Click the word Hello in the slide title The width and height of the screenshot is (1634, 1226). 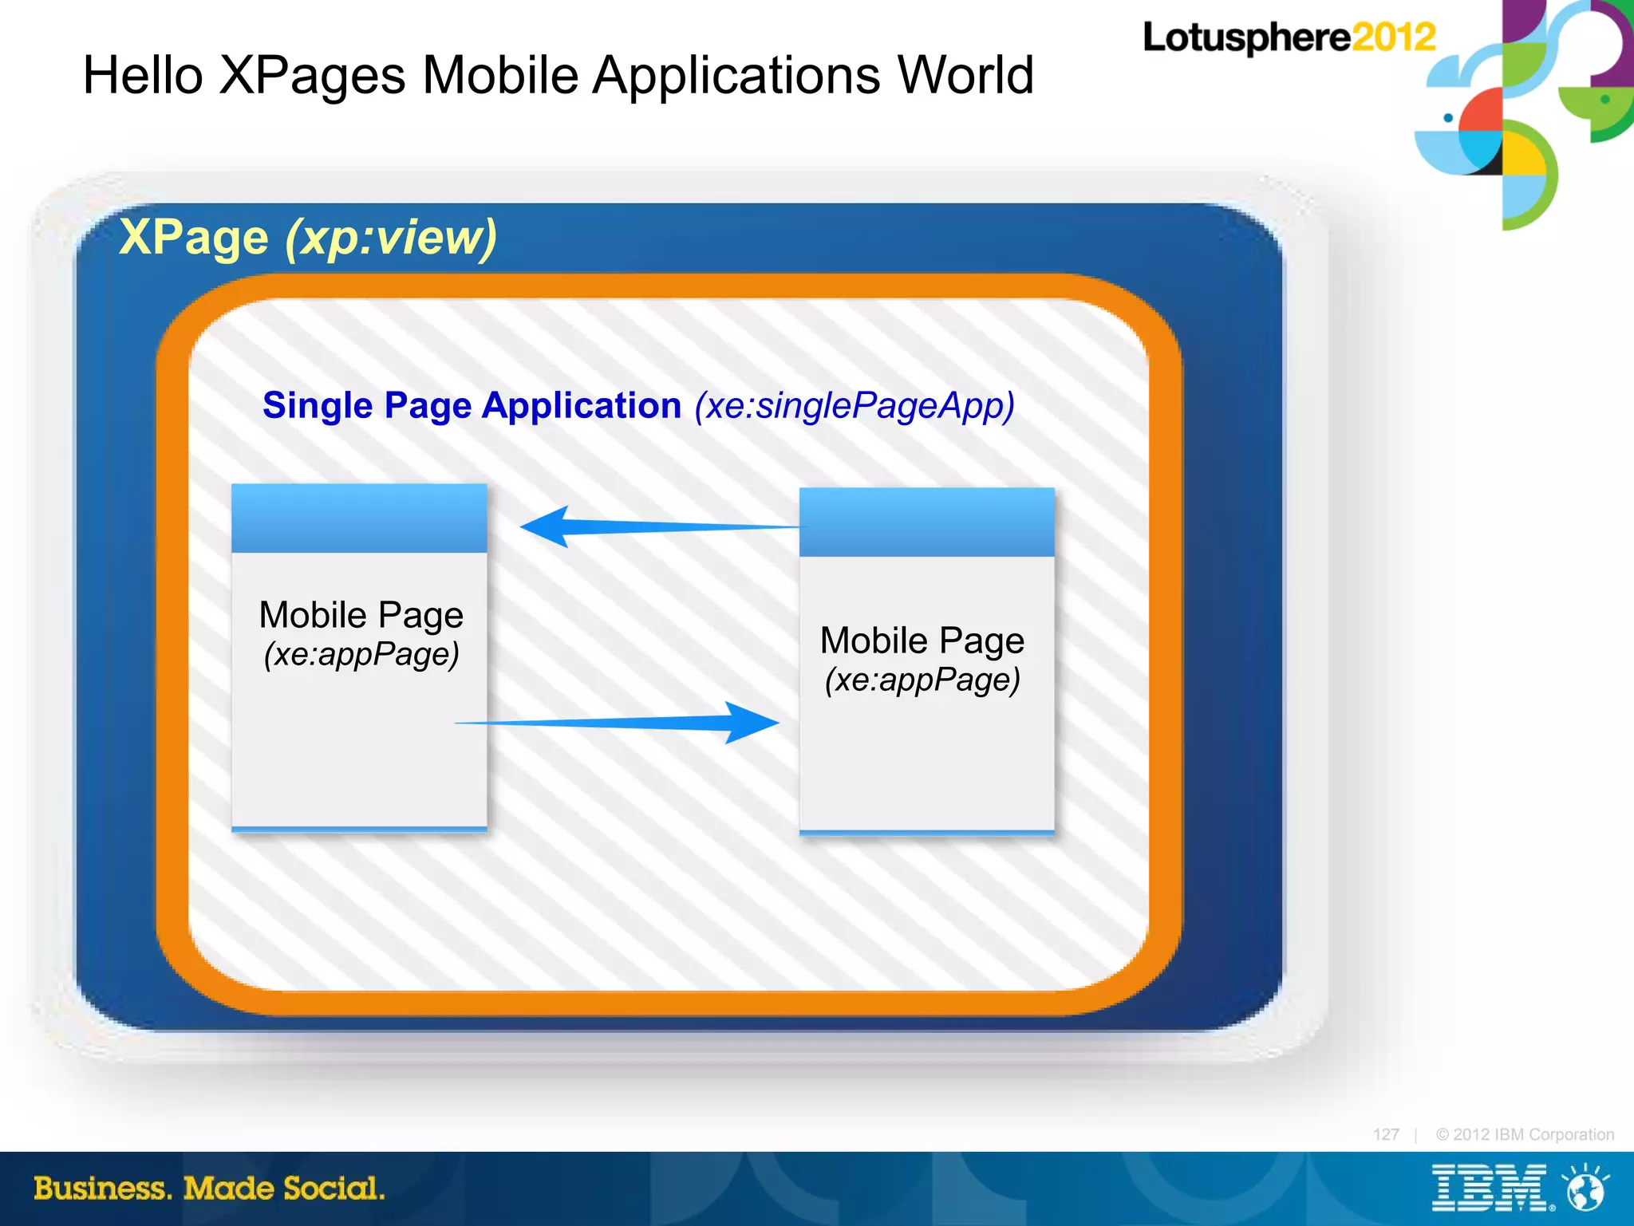(143, 76)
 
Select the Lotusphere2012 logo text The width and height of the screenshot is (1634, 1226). (1289, 37)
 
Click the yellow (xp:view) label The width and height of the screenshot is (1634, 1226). (391, 237)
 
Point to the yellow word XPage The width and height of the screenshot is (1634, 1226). (194, 237)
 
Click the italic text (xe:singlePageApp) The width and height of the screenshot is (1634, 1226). (854, 406)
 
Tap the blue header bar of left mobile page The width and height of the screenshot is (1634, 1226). (359, 518)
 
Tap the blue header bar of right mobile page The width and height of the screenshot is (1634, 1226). (926, 522)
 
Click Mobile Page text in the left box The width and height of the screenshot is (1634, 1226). (361, 615)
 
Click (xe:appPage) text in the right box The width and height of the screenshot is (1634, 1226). (922, 680)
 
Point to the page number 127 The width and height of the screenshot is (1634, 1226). (1386, 1134)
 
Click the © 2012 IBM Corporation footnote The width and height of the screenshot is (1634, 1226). (1525, 1134)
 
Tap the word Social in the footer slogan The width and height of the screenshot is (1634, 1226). (334, 1189)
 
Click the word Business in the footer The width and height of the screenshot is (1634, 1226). (102, 1189)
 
